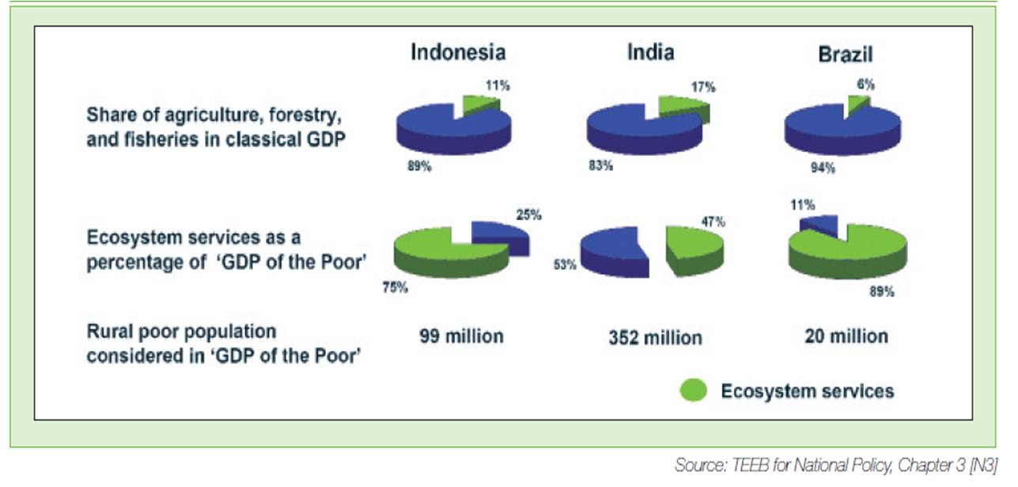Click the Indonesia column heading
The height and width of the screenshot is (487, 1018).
(458, 52)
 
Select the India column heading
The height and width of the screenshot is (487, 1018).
(651, 52)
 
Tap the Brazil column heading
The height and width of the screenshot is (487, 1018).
(846, 55)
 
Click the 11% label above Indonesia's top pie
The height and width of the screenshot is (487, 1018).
(498, 86)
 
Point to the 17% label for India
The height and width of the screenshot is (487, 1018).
(703, 87)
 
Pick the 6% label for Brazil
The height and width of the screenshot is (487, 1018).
(865, 84)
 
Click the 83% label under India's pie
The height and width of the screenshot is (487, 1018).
(601, 166)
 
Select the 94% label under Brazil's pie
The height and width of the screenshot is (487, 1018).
(823, 168)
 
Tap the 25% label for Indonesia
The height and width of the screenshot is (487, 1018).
(528, 215)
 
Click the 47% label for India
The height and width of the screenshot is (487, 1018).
(713, 222)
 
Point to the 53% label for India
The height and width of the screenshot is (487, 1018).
(565, 264)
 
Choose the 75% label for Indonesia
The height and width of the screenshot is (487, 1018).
(395, 287)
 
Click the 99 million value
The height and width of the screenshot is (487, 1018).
(461, 337)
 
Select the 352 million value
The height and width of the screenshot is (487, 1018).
(656, 337)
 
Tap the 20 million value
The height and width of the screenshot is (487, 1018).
(846, 337)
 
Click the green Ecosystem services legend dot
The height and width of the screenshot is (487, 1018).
(694, 390)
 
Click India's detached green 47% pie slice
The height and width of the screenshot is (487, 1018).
(694, 250)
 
